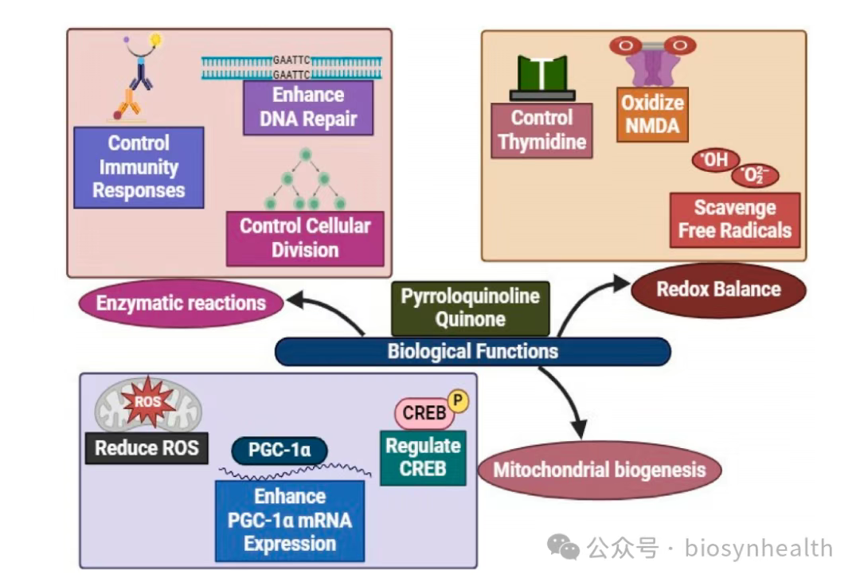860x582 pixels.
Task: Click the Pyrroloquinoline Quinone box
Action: [x=470, y=308]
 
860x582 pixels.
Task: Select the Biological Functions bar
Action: [x=472, y=351]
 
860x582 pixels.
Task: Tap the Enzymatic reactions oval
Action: [x=181, y=303]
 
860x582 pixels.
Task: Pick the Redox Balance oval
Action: [x=718, y=289]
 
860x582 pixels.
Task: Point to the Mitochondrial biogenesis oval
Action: [x=599, y=469]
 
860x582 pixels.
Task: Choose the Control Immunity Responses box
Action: [x=139, y=167]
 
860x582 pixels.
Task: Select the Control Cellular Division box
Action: [x=305, y=238]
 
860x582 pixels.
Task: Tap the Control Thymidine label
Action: [x=541, y=131]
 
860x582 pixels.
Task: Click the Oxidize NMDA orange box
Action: [x=652, y=115]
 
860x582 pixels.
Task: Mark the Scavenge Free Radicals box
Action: [x=734, y=219]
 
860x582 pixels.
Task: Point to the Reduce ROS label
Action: [x=147, y=447]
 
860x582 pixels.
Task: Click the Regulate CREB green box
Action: [x=423, y=458]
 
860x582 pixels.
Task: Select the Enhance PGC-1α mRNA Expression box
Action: [x=290, y=520]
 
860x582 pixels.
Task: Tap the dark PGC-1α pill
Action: [x=279, y=450]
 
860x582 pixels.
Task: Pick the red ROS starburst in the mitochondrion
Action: [x=147, y=402]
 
